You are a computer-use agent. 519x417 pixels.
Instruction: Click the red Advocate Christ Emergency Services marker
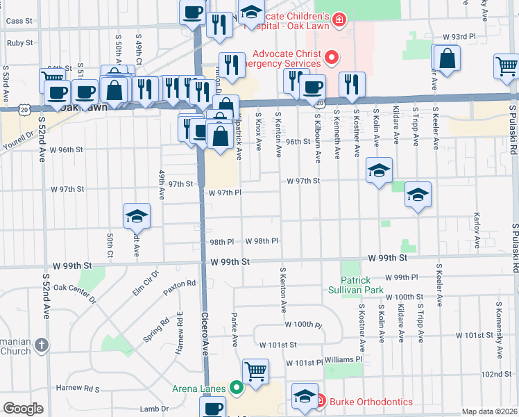[x=332, y=58]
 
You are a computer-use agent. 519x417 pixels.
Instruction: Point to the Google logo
[x=23, y=409]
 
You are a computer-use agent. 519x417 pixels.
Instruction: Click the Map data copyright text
[x=489, y=411]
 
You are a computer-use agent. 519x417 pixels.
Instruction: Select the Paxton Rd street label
[x=180, y=284]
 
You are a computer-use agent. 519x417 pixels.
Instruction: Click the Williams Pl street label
[x=343, y=359]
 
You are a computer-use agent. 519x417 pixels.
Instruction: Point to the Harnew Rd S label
[x=78, y=388]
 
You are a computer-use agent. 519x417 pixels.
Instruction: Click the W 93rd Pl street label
[x=459, y=35]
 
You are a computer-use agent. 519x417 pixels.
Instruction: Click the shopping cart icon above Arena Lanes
[x=255, y=371]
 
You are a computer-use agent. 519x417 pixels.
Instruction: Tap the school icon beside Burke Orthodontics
[x=304, y=395]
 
